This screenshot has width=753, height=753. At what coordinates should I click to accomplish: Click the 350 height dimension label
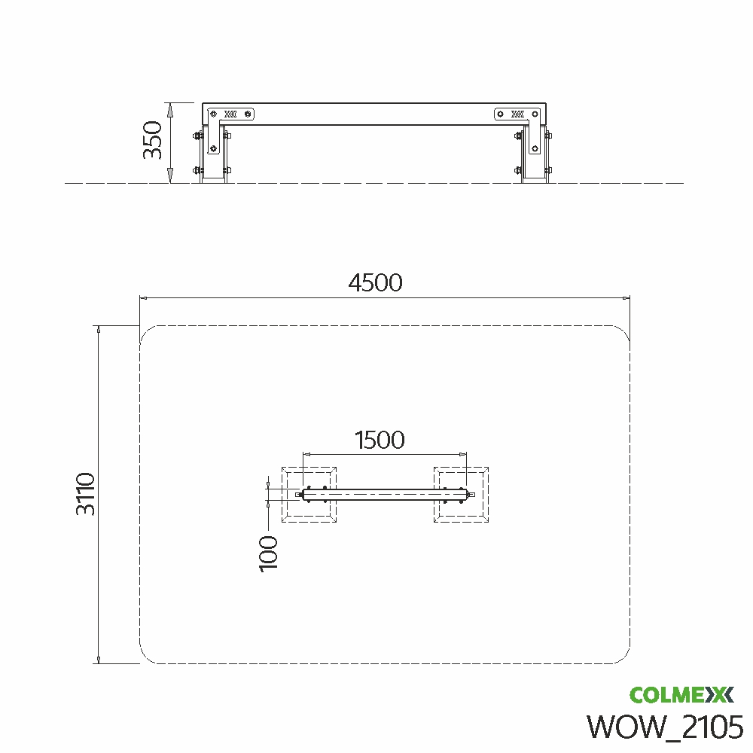153,140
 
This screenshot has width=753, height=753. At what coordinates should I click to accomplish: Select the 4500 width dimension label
375,283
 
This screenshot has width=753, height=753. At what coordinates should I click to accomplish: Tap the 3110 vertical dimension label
86,494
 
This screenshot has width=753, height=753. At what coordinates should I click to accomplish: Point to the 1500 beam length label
380,440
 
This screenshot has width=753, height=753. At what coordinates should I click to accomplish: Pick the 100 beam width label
269,553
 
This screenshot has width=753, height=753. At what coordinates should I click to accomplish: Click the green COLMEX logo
681,695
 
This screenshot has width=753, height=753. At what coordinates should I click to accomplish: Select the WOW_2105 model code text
665,727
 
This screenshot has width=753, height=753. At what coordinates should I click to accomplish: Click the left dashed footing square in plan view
309,494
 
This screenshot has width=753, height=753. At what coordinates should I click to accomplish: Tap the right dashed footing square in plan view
461,494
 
